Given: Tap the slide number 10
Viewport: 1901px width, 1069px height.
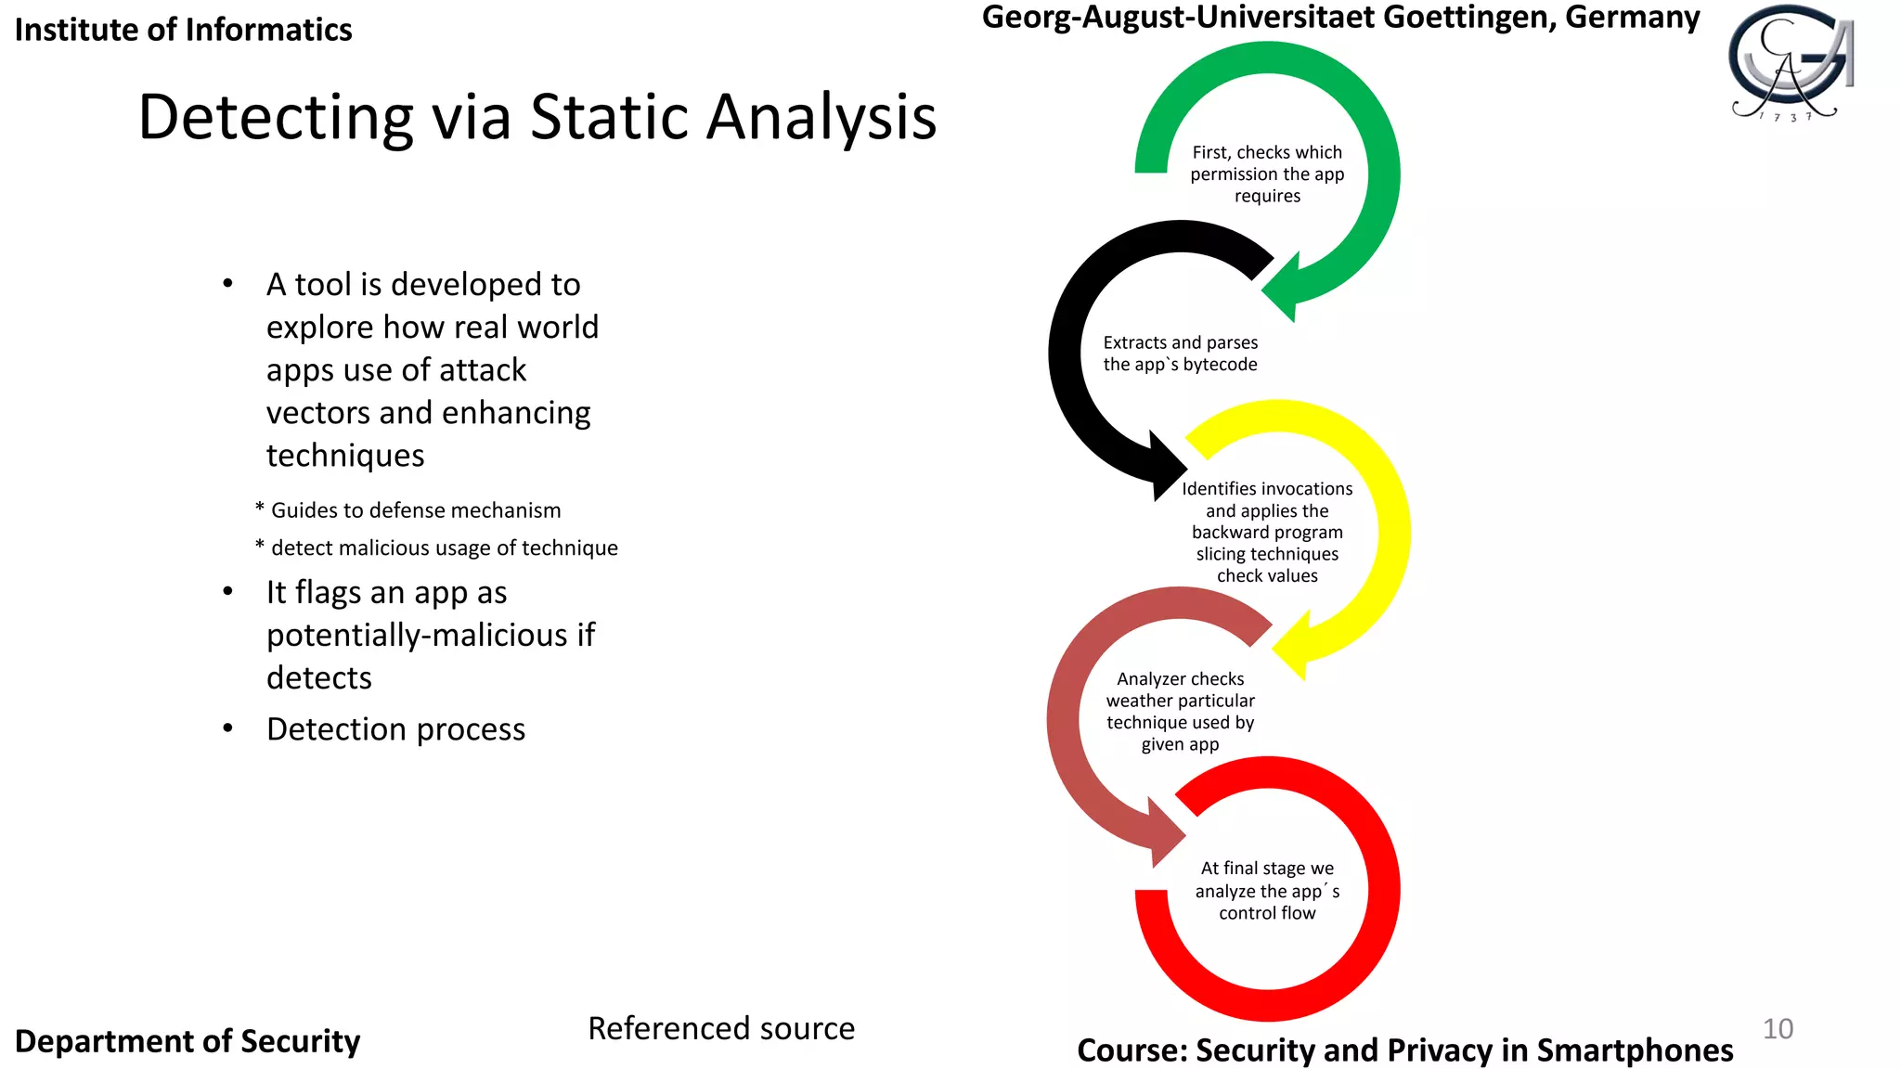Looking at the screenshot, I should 1778,1028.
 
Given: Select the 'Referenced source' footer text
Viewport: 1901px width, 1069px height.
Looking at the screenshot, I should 721,1028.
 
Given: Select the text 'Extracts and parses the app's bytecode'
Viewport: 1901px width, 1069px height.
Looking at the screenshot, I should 1180,354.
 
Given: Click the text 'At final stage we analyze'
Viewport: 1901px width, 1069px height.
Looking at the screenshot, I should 1267,880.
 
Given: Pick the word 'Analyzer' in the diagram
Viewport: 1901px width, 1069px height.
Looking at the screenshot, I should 1148,679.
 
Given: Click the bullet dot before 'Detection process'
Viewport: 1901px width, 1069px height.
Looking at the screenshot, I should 227,728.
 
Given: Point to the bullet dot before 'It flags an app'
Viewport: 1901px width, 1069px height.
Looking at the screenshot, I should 227,592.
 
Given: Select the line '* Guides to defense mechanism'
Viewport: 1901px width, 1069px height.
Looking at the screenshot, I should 408,510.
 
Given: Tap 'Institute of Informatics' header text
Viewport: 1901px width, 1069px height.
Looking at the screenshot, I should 183,30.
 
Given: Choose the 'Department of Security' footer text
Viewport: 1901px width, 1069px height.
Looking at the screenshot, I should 188,1041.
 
